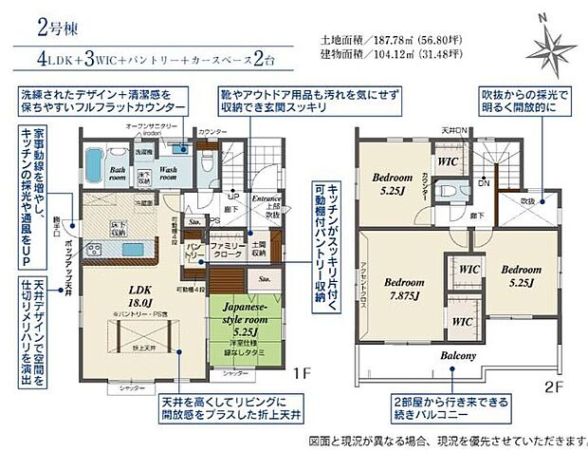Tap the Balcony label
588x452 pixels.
tap(457, 355)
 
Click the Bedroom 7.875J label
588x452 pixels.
tap(405, 289)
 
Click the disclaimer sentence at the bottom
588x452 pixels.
tap(446, 442)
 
